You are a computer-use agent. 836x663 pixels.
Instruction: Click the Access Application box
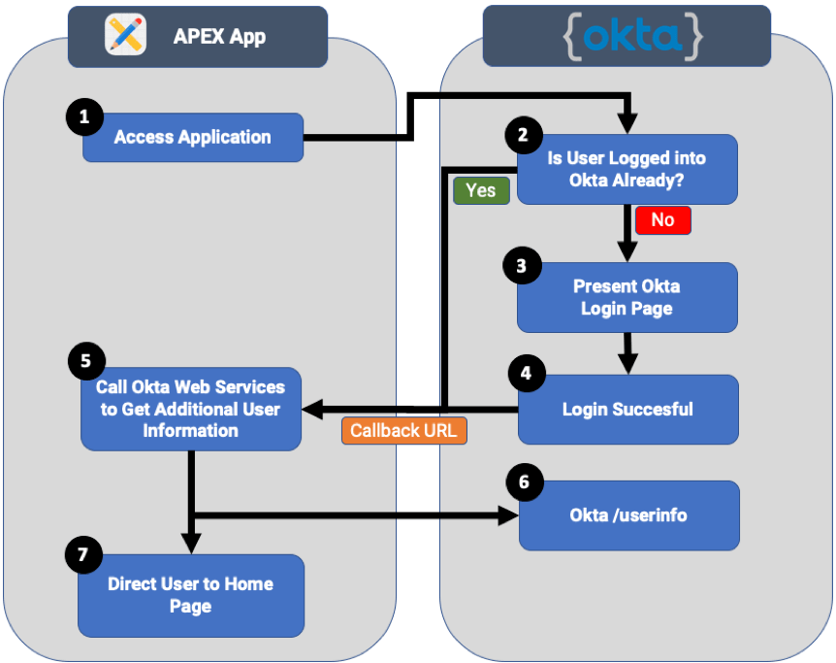pos(192,137)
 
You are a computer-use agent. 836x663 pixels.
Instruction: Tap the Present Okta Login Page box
pos(627,297)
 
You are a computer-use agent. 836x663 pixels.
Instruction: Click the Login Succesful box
pos(627,409)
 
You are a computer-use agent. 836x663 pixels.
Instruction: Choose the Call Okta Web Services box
pos(190,409)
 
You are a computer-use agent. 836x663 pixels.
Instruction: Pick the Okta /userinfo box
pos(628,514)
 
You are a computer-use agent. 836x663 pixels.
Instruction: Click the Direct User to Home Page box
pos(190,595)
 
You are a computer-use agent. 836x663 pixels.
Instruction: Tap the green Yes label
pos(480,190)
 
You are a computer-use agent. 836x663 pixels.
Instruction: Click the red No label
pos(662,219)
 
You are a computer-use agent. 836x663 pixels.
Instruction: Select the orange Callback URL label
pos(404,430)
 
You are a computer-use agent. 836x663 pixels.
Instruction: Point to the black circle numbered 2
pos(524,136)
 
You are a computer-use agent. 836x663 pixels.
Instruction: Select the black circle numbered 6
pos(525,480)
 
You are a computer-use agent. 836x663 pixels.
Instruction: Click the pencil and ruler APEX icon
pos(126,36)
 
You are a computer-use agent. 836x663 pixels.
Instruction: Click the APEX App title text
pos(219,37)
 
